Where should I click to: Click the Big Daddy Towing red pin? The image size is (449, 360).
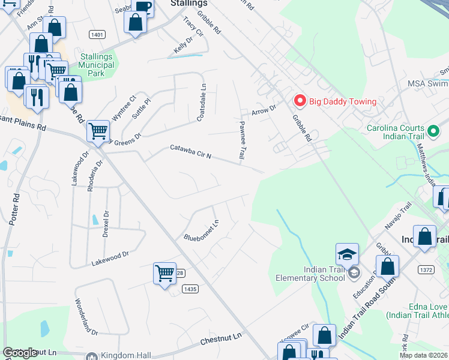298,101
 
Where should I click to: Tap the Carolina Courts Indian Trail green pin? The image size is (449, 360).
433,130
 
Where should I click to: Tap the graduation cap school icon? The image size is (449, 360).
347,255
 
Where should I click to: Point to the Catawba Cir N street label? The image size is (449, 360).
190,152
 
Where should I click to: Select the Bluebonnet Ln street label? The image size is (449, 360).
201,229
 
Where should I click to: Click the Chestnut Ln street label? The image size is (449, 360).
220,338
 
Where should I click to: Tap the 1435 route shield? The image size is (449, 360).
190,289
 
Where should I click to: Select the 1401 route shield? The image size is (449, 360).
96,35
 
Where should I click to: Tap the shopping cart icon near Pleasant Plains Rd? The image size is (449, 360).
98,131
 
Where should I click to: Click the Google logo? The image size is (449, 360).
20,353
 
